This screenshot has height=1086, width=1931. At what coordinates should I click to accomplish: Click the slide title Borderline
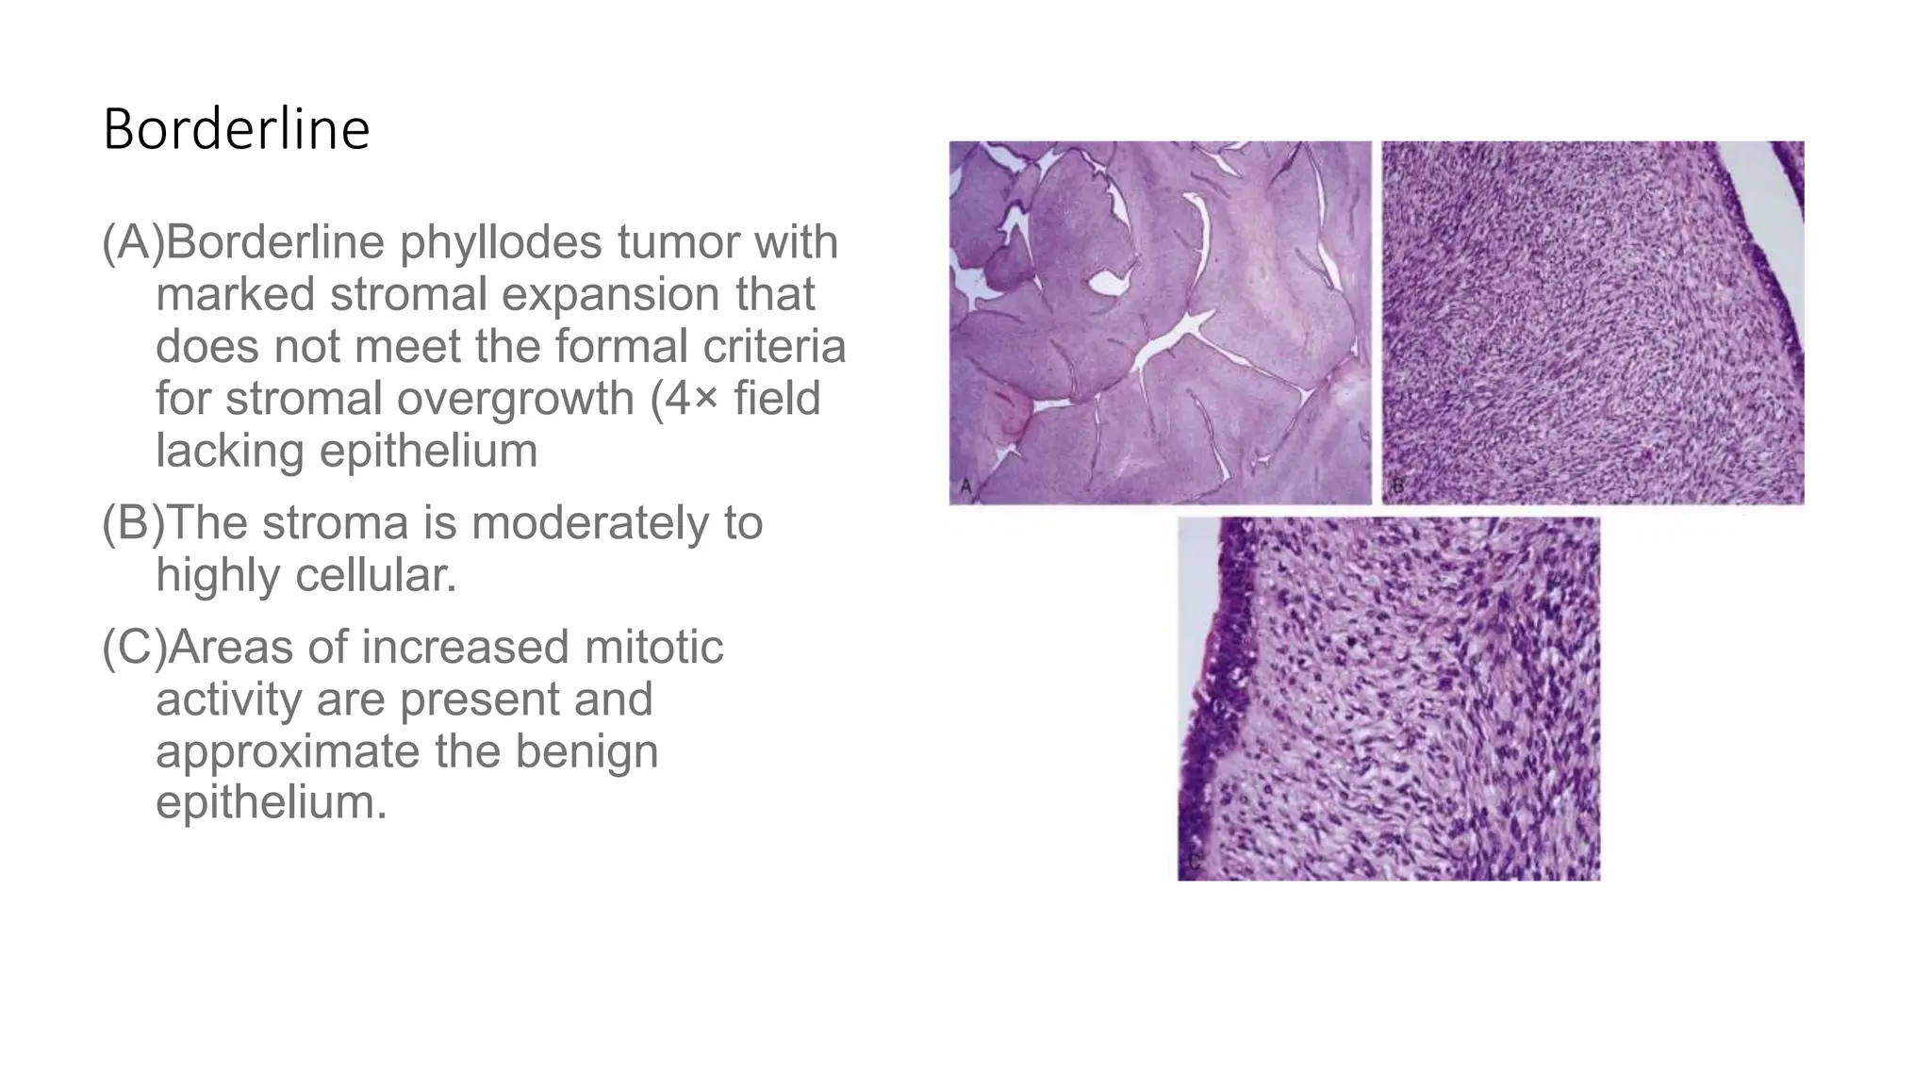point(236,130)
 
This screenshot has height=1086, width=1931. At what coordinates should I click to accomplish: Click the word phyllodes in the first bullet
point(501,242)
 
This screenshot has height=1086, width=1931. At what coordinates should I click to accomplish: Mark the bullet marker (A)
point(132,242)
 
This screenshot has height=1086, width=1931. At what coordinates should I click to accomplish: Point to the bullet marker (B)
point(132,523)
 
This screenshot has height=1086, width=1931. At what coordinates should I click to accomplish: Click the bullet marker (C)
point(133,648)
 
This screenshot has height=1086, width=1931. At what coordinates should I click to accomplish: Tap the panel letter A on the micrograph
point(965,487)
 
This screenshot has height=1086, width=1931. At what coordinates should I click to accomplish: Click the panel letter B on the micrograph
point(1398,487)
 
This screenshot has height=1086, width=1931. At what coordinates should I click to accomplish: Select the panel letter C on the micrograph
point(1194,862)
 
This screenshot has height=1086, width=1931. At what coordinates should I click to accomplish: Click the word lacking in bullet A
point(230,451)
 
